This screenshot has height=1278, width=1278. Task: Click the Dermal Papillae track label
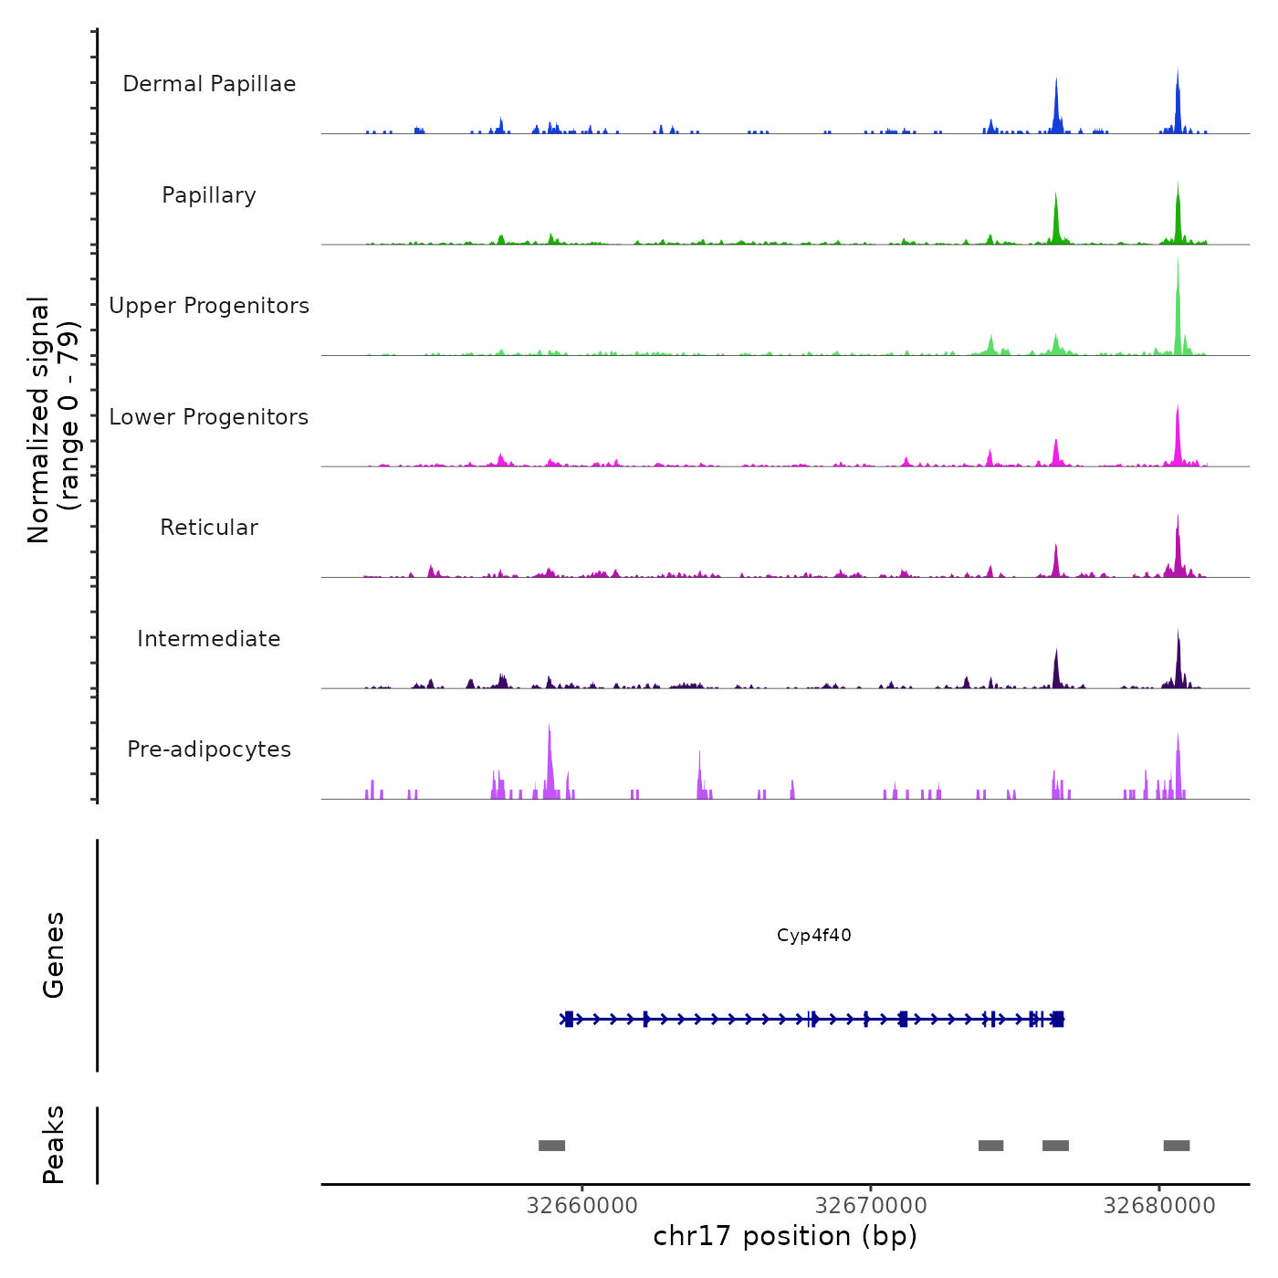(209, 84)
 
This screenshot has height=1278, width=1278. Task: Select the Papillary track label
(209, 195)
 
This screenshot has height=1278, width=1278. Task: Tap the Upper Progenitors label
(209, 306)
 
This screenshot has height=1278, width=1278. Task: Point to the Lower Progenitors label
(209, 417)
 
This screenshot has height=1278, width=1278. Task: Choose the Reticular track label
(209, 528)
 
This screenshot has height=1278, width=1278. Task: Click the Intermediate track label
(209, 639)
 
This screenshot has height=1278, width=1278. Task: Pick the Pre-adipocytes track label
(209, 749)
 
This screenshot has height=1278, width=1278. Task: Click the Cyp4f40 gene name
(814, 936)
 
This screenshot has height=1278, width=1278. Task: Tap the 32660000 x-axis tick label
(582, 1206)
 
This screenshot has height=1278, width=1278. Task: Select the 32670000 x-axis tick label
(871, 1206)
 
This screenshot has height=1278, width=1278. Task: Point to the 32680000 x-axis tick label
(1159, 1206)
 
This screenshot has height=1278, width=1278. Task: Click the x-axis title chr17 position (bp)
(785, 1236)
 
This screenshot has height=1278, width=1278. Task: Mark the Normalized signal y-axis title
(53, 420)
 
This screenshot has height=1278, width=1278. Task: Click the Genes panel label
(53, 955)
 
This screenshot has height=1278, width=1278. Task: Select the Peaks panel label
(53, 1145)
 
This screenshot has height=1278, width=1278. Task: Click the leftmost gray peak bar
(551, 1146)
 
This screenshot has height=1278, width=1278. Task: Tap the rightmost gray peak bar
(1177, 1146)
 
